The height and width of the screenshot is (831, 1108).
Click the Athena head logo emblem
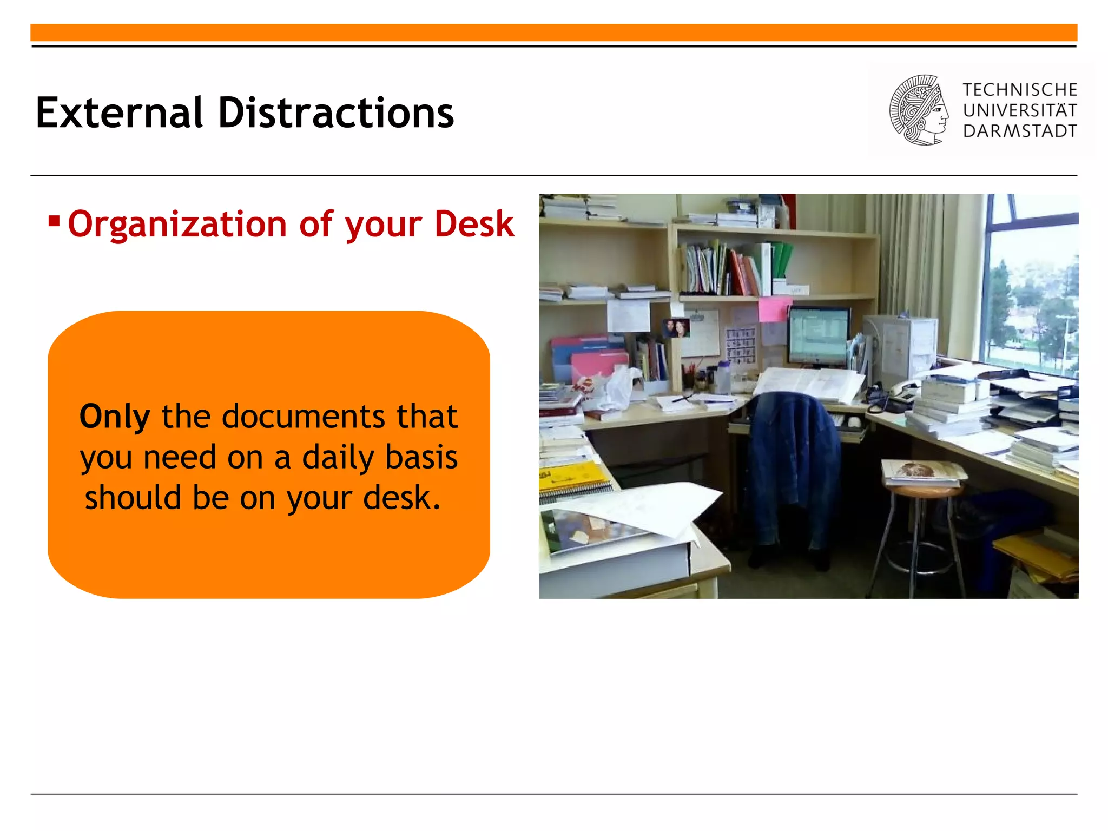(x=919, y=110)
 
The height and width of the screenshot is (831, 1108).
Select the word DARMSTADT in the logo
(x=1020, y=131)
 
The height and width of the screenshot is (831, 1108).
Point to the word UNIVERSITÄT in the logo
(x=1020, y=110)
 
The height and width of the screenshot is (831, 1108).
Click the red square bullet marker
(x=54, y=221)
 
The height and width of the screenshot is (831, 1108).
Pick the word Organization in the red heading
(x=177, y=224)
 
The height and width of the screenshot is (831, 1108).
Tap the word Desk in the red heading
(x=474, y=224)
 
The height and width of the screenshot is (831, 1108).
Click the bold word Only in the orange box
(x=115, y=417)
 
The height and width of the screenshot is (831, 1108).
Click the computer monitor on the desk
(x=818, y=335)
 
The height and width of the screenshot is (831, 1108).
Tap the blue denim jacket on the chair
(x=793, y=465)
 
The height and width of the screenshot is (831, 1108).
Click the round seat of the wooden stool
(x=923, y=490)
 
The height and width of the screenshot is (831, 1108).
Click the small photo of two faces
(x=676, y=327)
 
